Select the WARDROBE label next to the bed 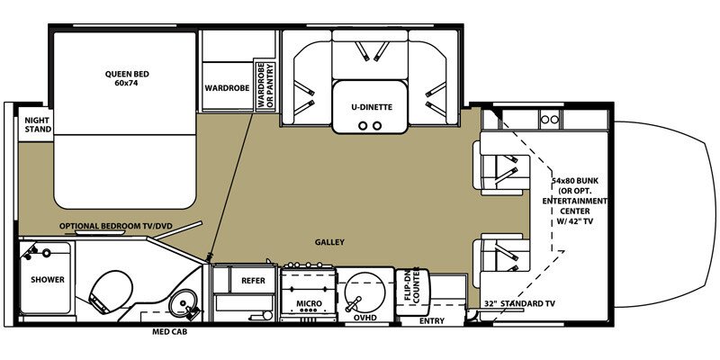pos(220,88)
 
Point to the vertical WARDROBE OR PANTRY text pos(265,86)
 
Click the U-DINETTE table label pos(372,107)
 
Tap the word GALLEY pos(329,242)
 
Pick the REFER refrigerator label pos(252,281)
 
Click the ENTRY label pos(432,320)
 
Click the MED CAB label pos(169,332)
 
